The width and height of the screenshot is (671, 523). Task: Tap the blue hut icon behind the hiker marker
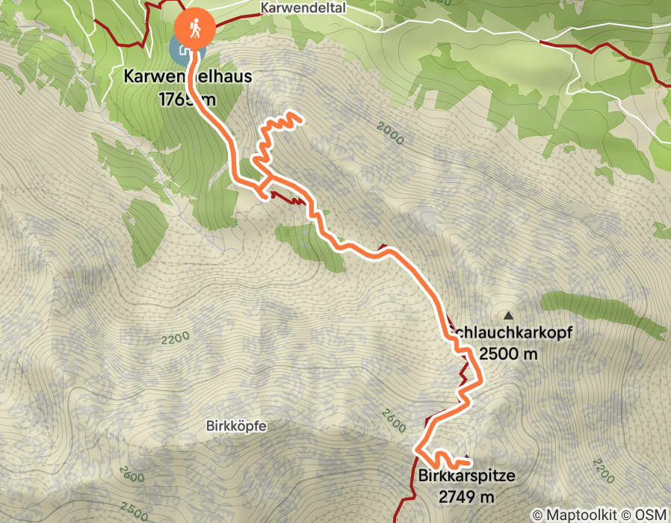181,50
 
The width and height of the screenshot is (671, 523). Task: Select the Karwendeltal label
297,7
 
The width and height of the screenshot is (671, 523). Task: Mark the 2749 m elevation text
466,496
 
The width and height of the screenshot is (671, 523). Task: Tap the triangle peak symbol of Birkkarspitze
467,457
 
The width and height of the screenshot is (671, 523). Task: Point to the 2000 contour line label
390,135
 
